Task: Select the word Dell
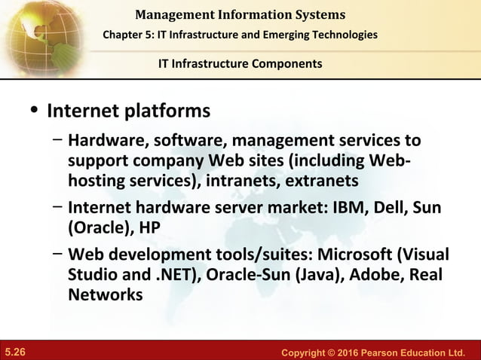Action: pyautogui.click(x=382, y=207)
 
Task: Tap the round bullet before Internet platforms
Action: pyautogui.click(x=33, y=111)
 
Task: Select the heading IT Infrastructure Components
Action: pyautogui.click(x=240, y=63)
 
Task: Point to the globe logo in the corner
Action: pyautogui.click(x=34, y=30)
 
